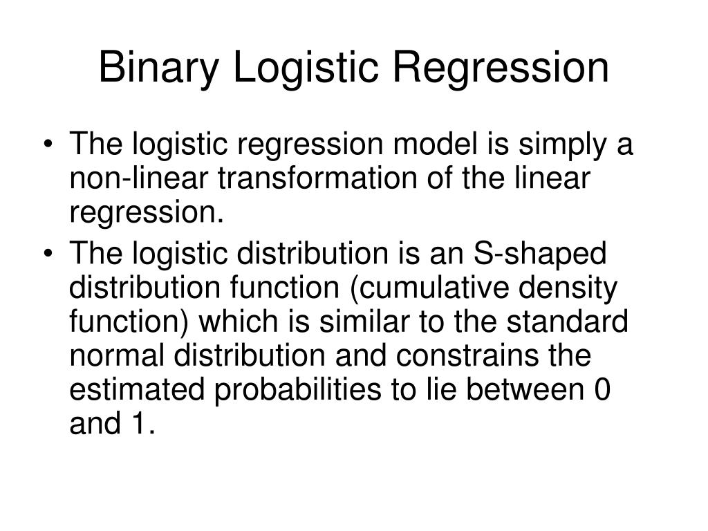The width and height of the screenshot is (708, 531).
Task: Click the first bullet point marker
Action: pyautogui.click(x=55, y=147)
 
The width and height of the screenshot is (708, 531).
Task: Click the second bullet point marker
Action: pyautogui.click(x=55, y=254)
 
